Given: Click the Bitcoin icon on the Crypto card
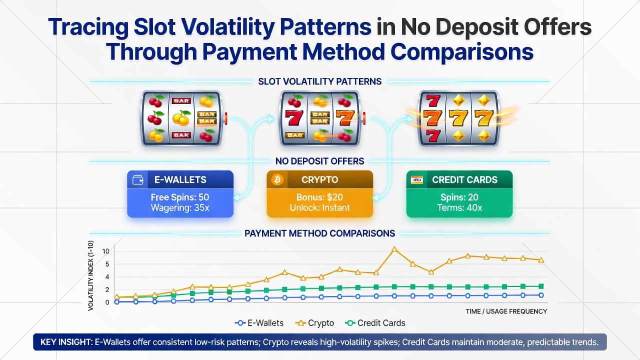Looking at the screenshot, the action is click(x=277, y=180).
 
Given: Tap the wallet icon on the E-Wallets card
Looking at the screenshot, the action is click(x=137, y=180).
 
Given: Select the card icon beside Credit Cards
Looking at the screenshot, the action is click(x=417, y=180).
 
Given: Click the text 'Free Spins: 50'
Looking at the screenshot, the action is click(x=180, y=197).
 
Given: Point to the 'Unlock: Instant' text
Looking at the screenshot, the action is click(x=319, y=207).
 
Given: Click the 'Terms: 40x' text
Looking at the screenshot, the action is click(x=459, y=207).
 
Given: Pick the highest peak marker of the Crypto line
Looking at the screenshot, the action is click(x=394, y=249).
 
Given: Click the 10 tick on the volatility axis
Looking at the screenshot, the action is click(x=105, y=251).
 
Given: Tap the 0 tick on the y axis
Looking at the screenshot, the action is click(x=107, y=302).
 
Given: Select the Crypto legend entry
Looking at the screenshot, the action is click(x=314, y=323).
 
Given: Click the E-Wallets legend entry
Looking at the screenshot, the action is click(x=259, y=323).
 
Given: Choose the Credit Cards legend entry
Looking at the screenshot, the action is click(x=375, y=323).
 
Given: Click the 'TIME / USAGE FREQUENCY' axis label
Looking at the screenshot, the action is click(x=506, y=311).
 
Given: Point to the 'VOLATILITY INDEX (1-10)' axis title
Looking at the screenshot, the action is click(x=90, y=275).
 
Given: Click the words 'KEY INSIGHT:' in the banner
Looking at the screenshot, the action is click(x=66, y=342).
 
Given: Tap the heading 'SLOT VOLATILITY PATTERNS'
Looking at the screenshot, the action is click(x=319, y=81).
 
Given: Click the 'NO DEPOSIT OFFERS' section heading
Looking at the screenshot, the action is click(x=319, y=161).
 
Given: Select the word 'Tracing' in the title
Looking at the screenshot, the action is click(x=88, y=27).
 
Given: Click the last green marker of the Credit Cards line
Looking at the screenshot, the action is click(x=541, y=286).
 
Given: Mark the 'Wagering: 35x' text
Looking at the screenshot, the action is click(x=180, y=207).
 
